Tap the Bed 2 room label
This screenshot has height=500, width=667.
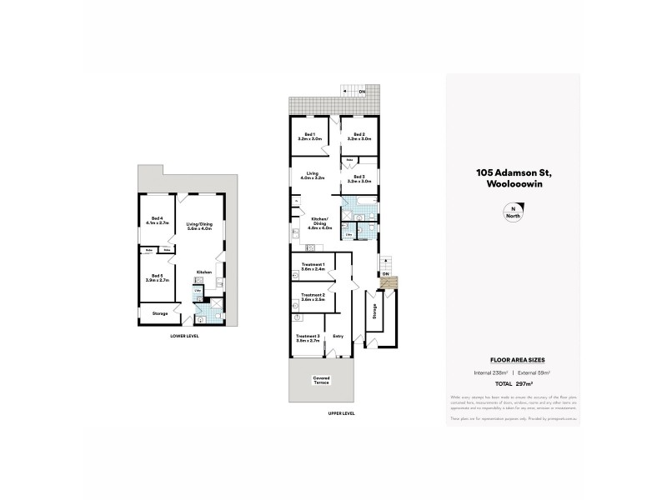click(x=359, y=137)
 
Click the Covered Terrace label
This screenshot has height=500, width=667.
click(x=322, y=380)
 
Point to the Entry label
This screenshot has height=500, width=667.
click(x=338, y=336)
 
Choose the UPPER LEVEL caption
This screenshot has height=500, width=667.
click(x=341, y=413)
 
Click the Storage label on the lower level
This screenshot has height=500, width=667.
click(x=159, y=313)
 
